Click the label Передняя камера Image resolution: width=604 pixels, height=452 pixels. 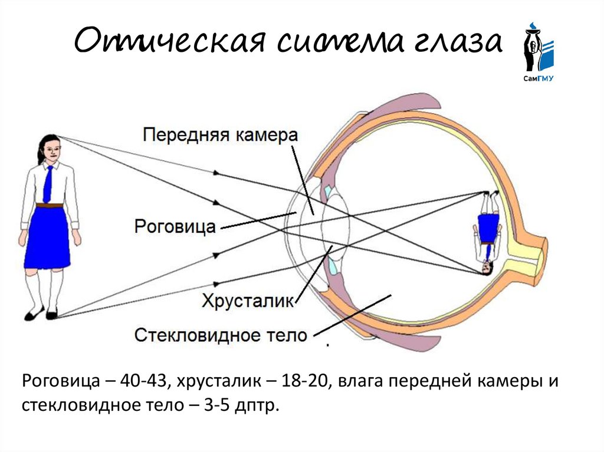pyautogui.click(x=220, y=134)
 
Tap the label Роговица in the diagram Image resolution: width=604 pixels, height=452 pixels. pyautogui.click(x=175, y=226)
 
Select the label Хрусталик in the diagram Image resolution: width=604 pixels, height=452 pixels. pyautogui.click(x=247, y=301)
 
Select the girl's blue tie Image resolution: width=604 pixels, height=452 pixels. pyautogui.click(x=48, y=183)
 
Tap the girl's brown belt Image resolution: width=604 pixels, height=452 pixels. pyautogui.click(x=49, y=205)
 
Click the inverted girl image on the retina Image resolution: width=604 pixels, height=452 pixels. pyautogui.click(x=488, y=233)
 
